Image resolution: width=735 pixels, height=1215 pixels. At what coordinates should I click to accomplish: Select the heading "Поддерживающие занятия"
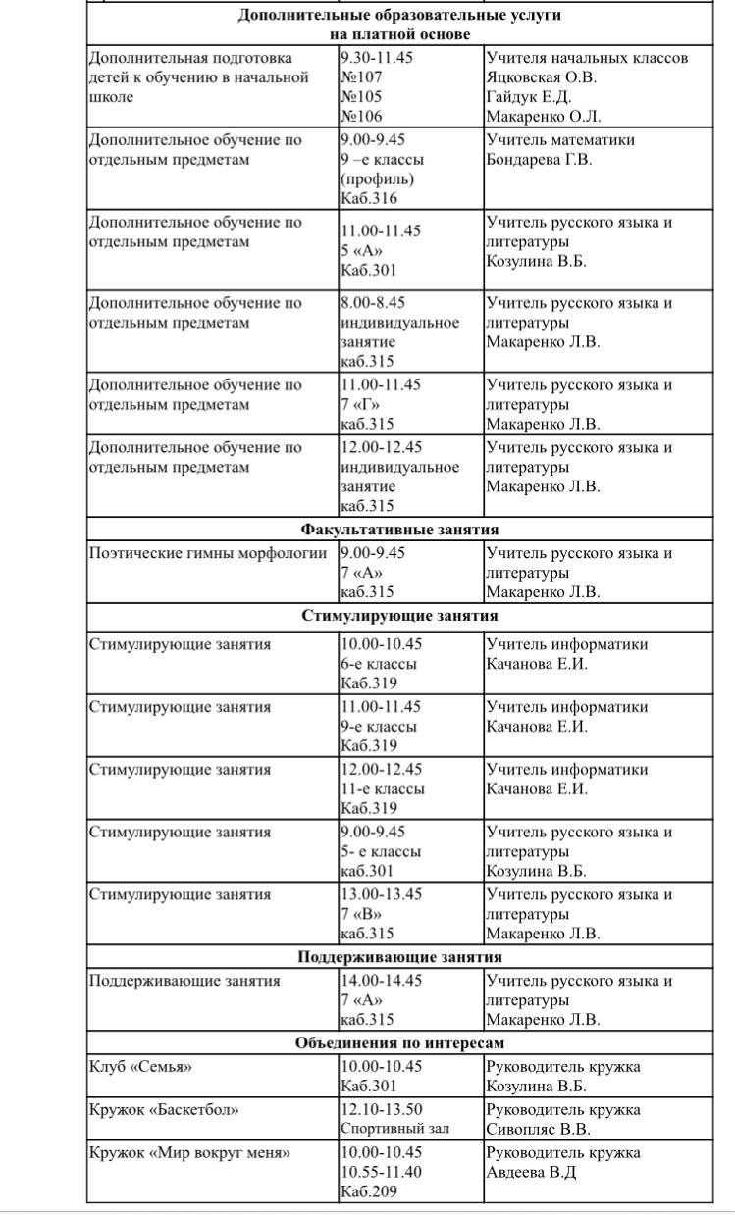(x=399, y=957)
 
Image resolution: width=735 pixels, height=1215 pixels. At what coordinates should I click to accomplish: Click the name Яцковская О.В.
(x=542, y=77)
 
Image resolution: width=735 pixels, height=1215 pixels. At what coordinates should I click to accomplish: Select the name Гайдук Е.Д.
(x=528, y=97)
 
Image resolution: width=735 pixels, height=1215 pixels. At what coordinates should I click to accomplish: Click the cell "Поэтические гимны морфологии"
(x=208, y=553)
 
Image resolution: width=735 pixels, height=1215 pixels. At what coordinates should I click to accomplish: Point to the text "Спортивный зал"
(x=394, y=1129)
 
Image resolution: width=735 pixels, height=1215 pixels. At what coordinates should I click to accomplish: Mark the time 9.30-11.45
(x=377, y=58)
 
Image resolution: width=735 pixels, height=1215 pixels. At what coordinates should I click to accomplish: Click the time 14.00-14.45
(x=381, y=980)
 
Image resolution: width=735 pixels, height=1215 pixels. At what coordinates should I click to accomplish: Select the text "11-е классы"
(x=383, y=789)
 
